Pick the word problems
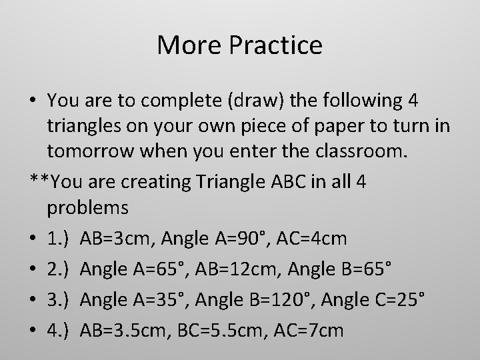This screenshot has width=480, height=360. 88,209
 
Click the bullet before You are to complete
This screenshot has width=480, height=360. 34,100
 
